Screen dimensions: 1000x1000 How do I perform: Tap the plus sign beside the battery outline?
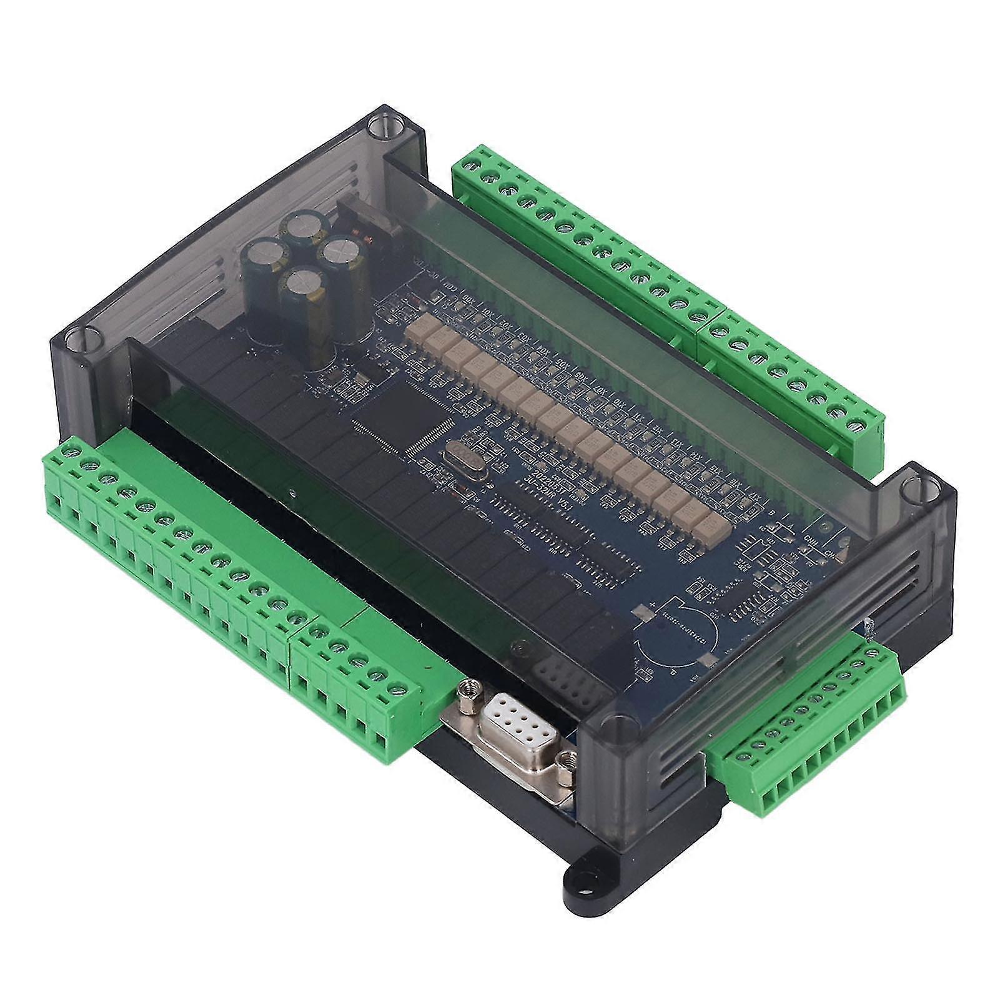pos(653,606)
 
